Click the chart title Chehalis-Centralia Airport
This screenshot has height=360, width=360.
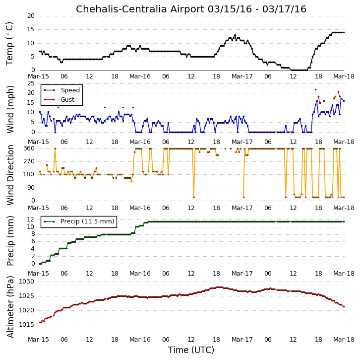(140, 9)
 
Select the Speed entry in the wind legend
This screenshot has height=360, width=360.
(70, 90)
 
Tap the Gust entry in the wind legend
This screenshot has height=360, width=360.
(67, 99)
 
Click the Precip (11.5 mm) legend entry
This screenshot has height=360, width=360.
(87, 221)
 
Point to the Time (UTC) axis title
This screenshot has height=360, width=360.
(191, 350)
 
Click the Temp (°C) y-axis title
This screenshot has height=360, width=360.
(9, 44)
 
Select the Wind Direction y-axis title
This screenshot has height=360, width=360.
(10, 175)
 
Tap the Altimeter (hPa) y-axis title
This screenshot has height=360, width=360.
(10, 307)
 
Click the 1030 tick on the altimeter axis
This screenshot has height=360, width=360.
(27, 282)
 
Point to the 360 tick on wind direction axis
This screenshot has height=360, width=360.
(29, 148)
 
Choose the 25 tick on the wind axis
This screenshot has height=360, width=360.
(31, 83)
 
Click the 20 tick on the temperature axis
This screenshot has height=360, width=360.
(31, 15)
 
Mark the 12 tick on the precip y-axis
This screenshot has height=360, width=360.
(31, 219)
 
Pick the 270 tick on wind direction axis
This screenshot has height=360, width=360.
(29, 161)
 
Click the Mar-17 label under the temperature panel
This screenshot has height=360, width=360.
(242, 76)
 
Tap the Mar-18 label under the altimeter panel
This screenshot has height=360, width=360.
(344, 339)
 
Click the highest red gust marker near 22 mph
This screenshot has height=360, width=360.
(315, 90)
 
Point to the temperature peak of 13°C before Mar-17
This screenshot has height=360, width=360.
(235, 35)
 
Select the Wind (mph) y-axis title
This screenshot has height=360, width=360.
(10, 109)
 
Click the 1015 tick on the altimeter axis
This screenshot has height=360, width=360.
(27, 325)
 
